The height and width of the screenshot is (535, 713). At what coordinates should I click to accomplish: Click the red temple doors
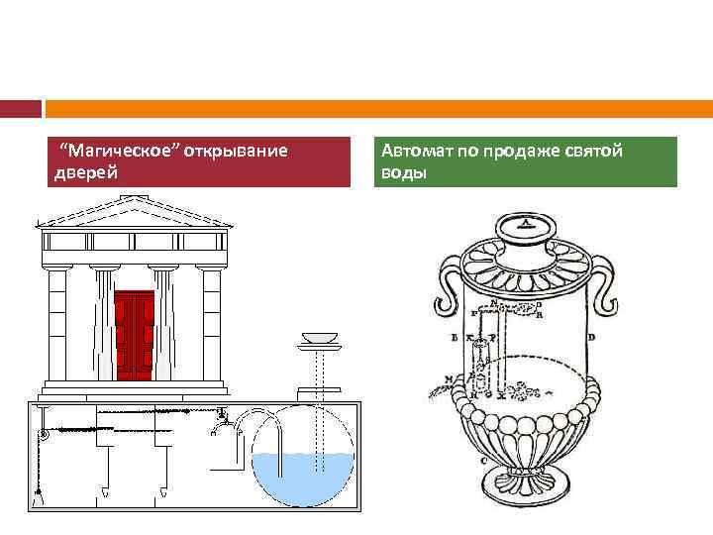point(135,335)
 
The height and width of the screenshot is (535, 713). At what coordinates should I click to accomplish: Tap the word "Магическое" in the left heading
point(103,152)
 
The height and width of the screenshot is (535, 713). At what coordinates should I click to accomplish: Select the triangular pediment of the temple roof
point(133,211)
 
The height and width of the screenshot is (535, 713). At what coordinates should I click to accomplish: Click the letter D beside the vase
point(591,338)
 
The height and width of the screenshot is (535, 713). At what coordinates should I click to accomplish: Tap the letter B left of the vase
point(453,339)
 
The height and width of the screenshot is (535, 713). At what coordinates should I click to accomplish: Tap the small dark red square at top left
point(21,108)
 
